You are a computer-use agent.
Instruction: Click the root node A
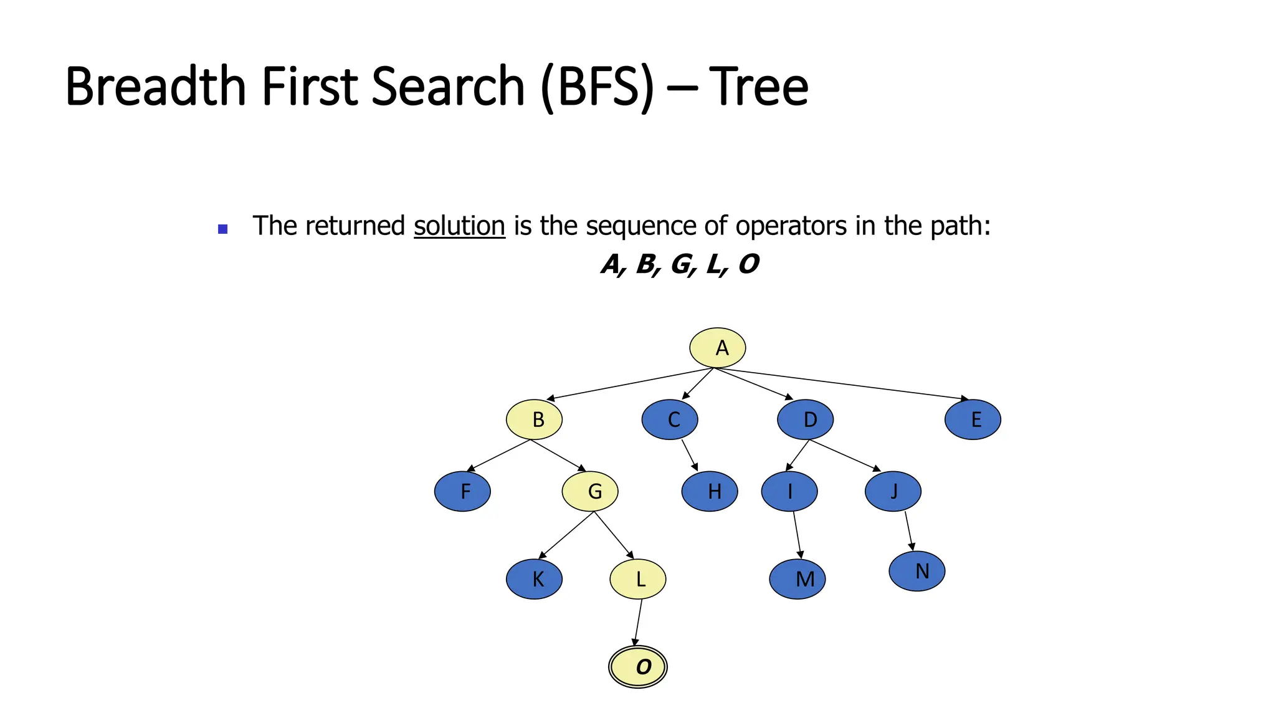pyautogui.click(x=717, y=348)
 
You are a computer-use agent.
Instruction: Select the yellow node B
pyautogui.click(x=534, y=419)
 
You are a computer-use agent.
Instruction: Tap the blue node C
pyautogui.click(x=670, y=419)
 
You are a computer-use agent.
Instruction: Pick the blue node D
pyautogui.click(x=805, y=419)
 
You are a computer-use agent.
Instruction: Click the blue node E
pyautogui.click(x=973, y=419)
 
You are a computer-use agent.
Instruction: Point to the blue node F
pyautogui.click(x=462, y=491)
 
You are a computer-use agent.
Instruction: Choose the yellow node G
pyautogui.click(x=590, y=491)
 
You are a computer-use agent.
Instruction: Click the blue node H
pyautogui.click(x=710, y=491)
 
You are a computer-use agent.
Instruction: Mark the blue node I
pyautogui.click(x=789, y=491)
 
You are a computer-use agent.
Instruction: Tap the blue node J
pyautogui.click(x=893, y=491)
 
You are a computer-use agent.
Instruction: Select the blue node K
pyautogui.click(x=534, y=579)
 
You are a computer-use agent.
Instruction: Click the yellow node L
pyautogui.click(x=637, y=579)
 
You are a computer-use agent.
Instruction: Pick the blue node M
pyautogui.click(x=797, y=579)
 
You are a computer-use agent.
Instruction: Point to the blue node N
pyautogui.click(x=917, y=571)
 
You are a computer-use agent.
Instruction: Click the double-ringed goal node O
pyautogui.click(x=637, y=667)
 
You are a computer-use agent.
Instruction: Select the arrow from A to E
pyautogui.click(x=841, y=383)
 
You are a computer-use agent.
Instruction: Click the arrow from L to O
pyautogui.click(x=638, y=623)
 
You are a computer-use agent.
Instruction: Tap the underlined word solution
pyautogui.click(x=459, y=226)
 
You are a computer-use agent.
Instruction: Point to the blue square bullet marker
pyautogui.click(x=223, y=229)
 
